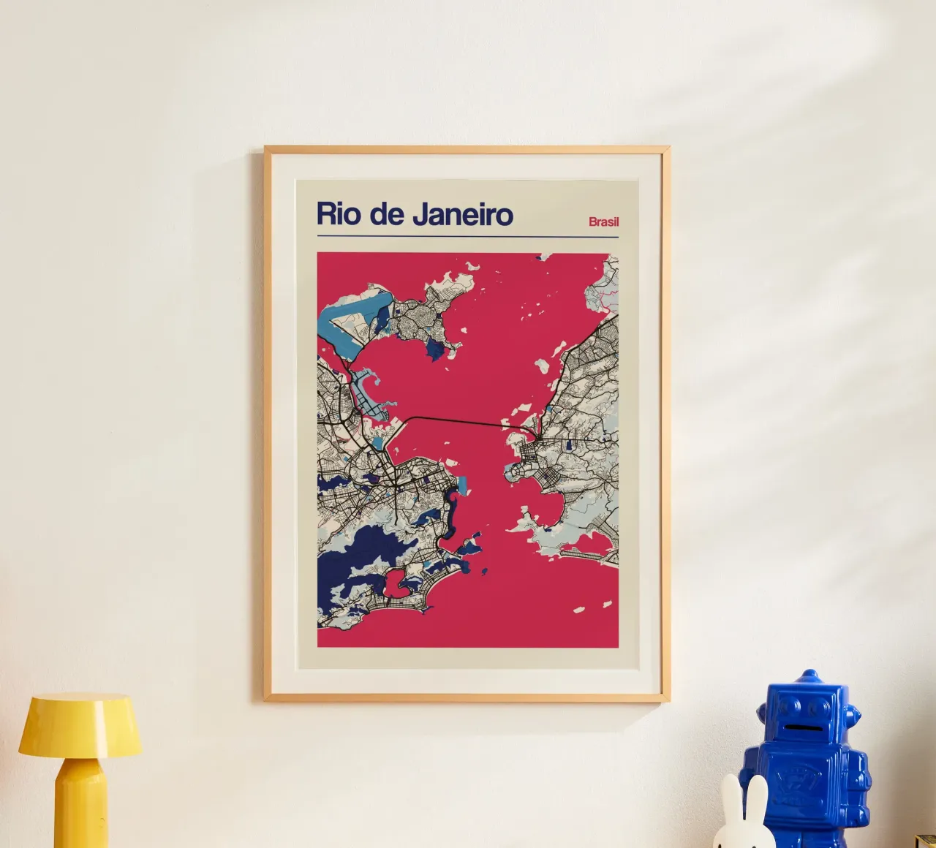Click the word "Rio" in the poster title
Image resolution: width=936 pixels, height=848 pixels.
[339, 214]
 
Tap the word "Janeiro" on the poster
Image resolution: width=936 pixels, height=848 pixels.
[463, 214]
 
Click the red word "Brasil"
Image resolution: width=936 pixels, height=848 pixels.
[603, 222]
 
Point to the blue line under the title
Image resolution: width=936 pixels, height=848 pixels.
[468, 237]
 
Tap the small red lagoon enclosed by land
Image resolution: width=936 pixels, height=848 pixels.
[396, 583]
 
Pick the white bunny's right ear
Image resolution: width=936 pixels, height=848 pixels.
[758, 797]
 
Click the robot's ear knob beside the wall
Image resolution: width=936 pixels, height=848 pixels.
[851, 715]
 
